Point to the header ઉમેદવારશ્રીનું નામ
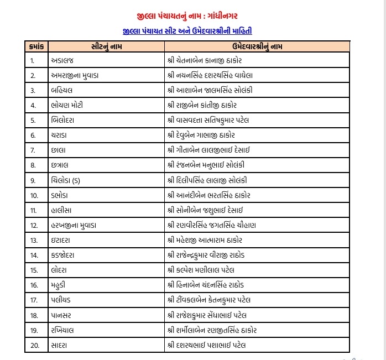(258, 47)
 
